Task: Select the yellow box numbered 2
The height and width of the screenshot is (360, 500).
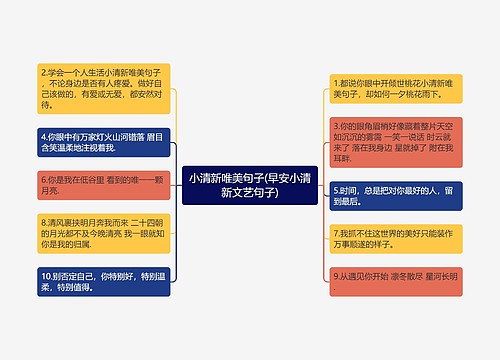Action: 104,88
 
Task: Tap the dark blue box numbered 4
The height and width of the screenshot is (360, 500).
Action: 104,140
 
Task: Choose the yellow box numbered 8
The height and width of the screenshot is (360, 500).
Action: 104,233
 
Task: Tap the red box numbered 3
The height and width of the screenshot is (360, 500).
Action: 396,140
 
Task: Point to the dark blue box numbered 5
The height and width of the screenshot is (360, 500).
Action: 396,195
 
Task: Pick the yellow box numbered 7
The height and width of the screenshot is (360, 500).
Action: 396,237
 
